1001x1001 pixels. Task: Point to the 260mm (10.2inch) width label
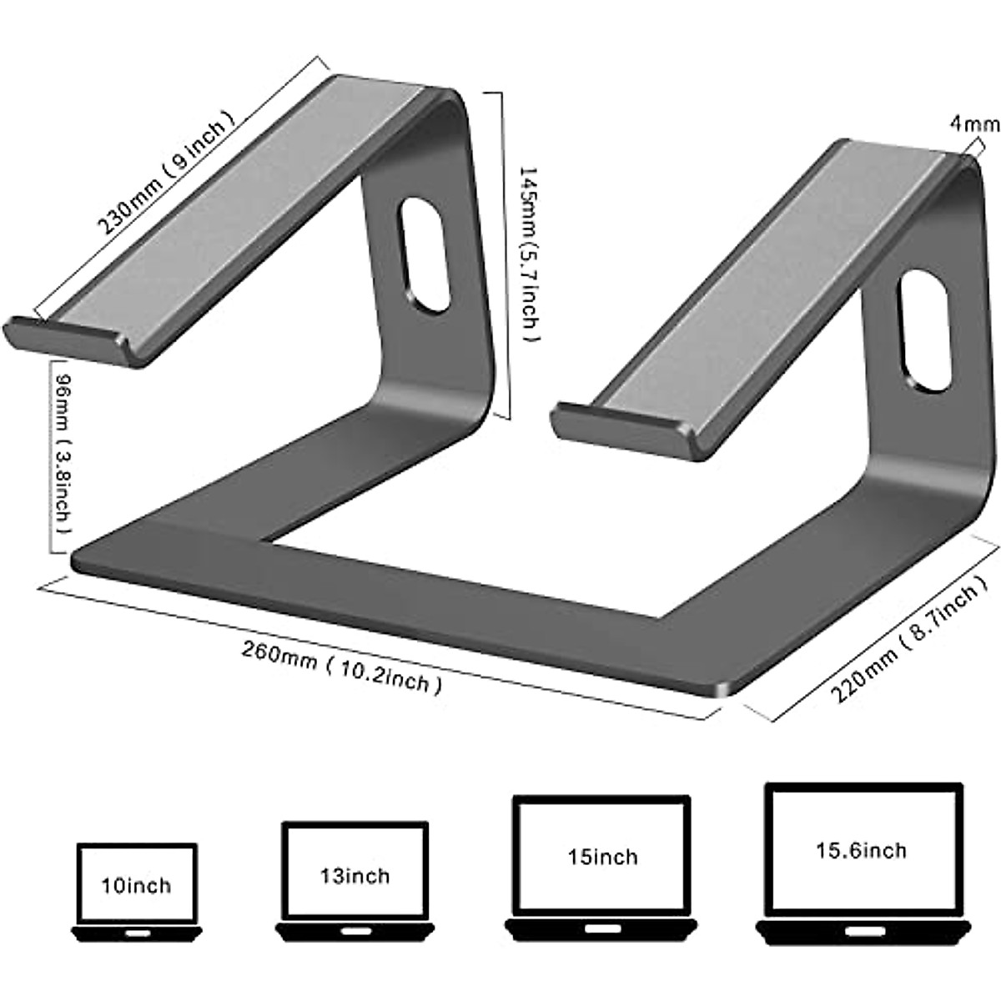coord(341,668)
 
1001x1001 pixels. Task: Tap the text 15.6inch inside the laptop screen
coord(861,849)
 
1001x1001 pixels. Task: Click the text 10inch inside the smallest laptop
coord(137,884)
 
